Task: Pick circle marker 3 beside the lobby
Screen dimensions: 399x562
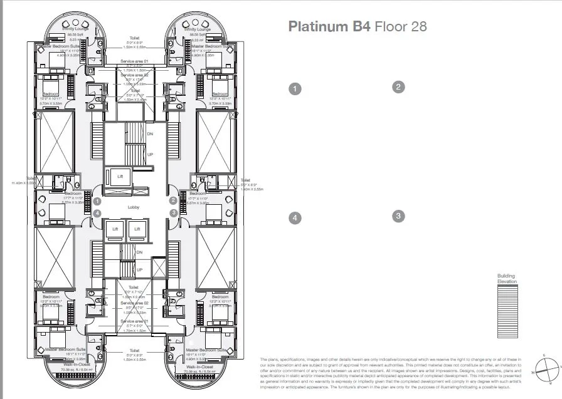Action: (172, 213)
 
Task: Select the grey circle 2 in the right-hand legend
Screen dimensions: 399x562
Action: (397, 87)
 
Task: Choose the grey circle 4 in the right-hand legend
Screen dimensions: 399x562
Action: (294, 218)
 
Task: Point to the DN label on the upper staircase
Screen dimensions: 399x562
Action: (150, 134)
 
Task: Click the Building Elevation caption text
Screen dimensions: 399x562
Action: (507, 279)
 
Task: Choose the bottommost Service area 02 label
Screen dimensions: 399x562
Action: (134, 303)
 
